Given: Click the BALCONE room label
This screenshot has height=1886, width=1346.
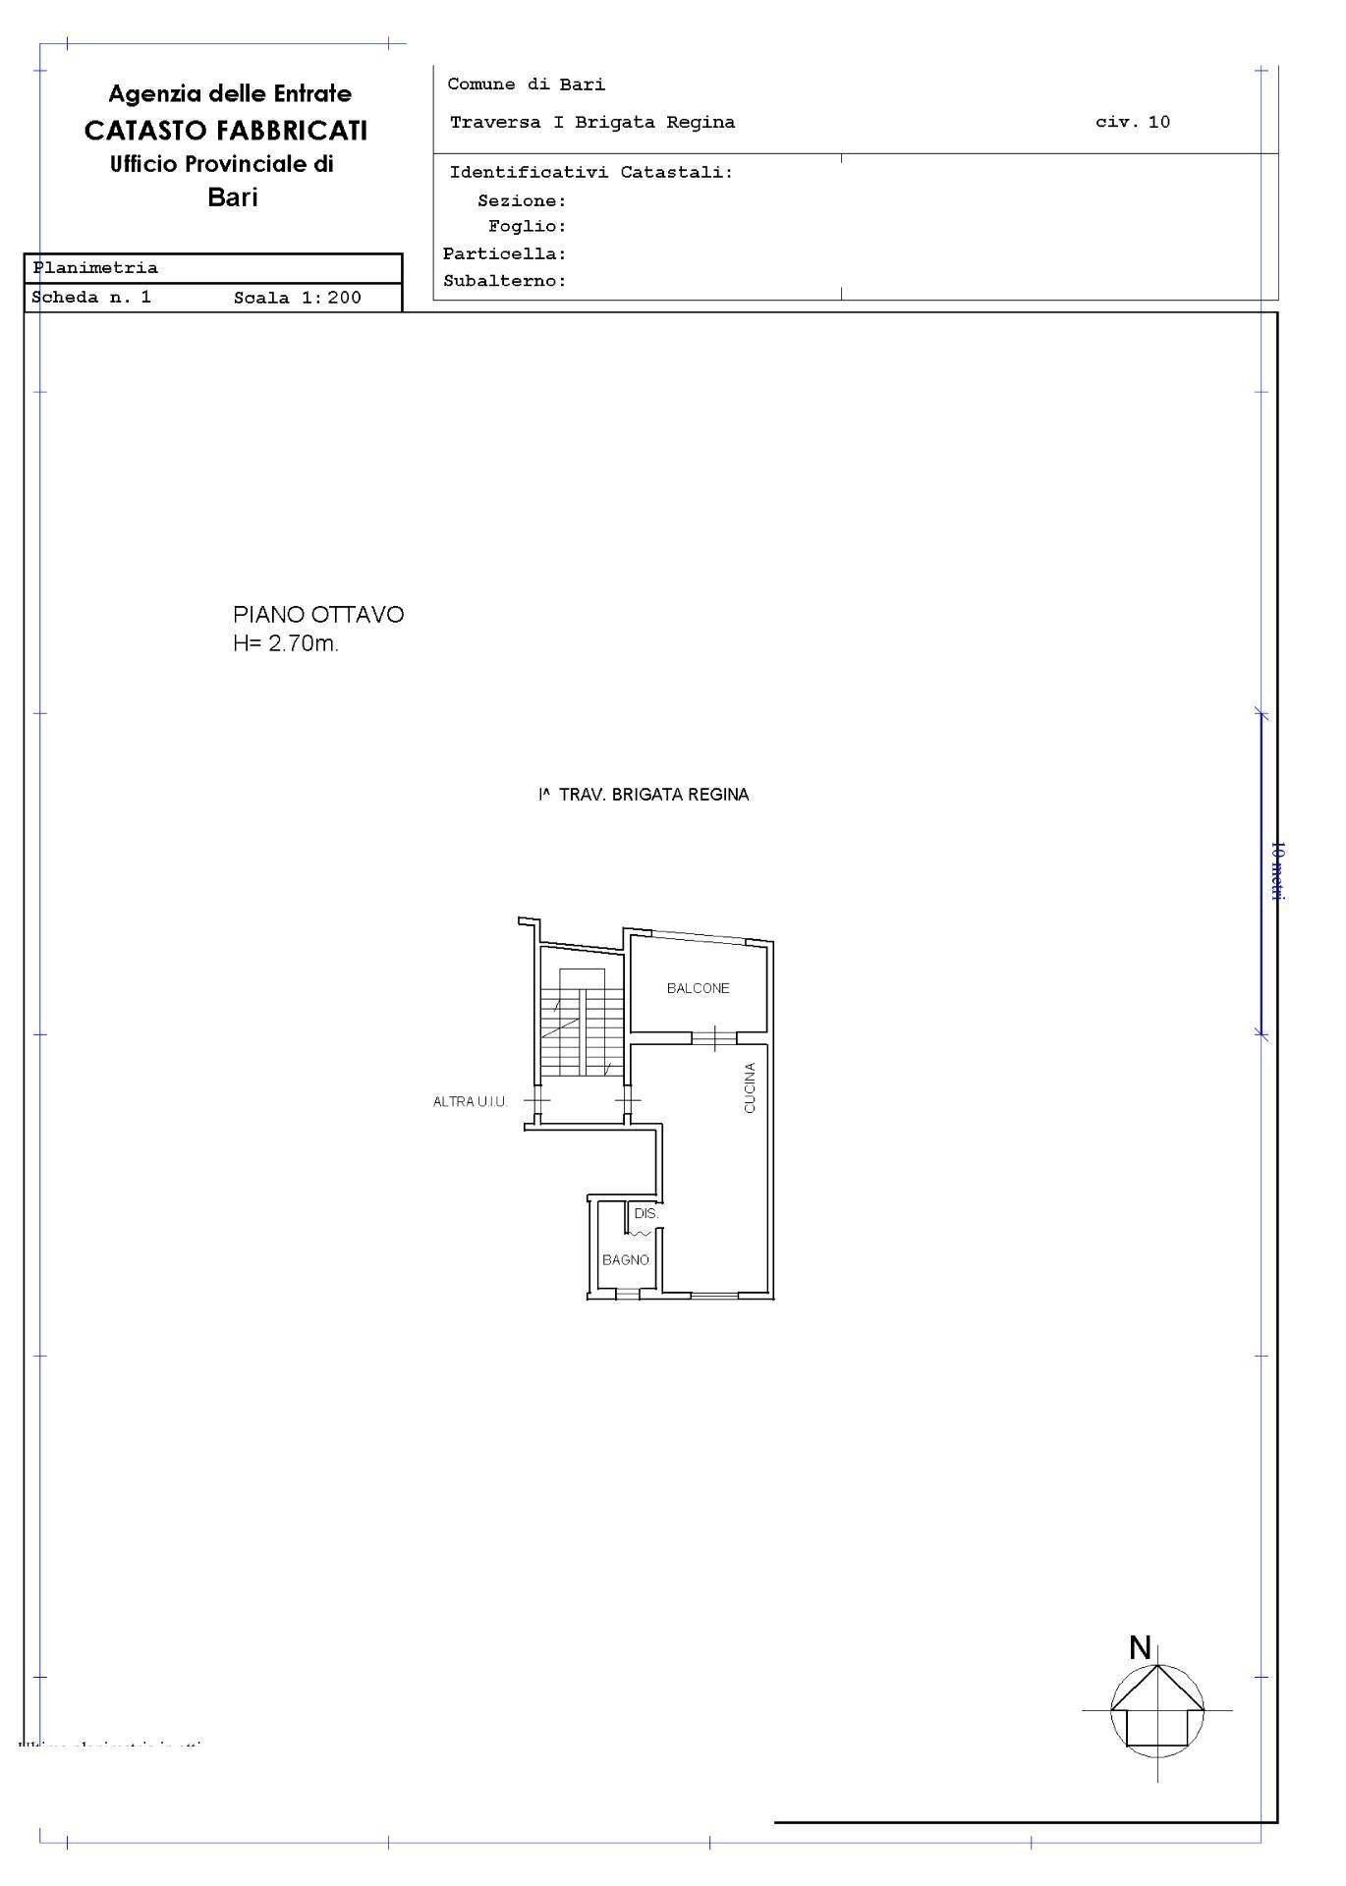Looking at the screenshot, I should tap(698, 988).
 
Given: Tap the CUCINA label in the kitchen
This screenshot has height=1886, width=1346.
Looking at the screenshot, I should tap(750, 1088).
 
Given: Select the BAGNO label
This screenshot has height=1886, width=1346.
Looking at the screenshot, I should tap(626, 1259).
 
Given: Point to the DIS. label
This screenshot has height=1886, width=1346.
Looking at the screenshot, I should tap(645, 1214).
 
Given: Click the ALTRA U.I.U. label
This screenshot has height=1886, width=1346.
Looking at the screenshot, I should tap(470, 1102).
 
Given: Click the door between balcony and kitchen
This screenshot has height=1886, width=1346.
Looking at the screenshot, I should tap(715, 1037).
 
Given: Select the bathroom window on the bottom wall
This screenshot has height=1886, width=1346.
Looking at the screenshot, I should tap(626, 1296).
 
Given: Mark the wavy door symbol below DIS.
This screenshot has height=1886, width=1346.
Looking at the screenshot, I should tap(643, 1232).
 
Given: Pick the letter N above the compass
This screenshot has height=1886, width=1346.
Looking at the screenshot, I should tap(1140, 1647).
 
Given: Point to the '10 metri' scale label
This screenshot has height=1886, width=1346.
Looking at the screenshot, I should tap(1276, 871).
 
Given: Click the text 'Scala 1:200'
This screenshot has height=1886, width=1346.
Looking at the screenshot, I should tap(297, 298).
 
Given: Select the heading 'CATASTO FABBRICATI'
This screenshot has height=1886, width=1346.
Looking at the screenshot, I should tap(226, 130).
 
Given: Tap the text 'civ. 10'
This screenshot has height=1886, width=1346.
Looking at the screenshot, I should tap(1132, 123).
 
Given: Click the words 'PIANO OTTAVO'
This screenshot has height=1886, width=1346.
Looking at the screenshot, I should tap(318, 615).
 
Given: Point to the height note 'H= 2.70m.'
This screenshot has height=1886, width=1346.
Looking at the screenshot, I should tap(286, 644).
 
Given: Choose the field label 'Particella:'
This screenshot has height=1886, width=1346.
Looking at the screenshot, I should tap(504, 253).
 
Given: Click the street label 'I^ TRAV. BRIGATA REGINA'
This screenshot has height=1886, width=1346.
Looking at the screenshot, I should tap(644, 795).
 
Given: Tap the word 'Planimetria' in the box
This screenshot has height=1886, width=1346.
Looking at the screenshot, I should tap(95, 268).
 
